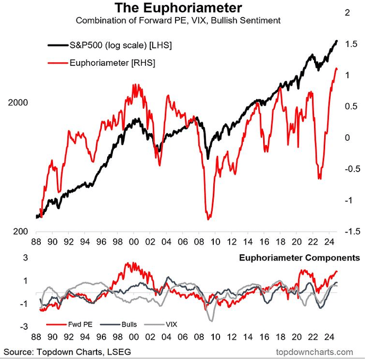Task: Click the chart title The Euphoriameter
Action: tap(178, 8)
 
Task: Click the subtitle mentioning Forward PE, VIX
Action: tap(178, 21)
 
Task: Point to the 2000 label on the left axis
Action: tap(18, 102)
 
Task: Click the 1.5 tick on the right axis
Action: tap(351, 44)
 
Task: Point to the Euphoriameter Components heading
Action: tap(299, 258)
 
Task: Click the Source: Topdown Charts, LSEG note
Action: tap(67, 352)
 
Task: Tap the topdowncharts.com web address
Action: tap(314, 352)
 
